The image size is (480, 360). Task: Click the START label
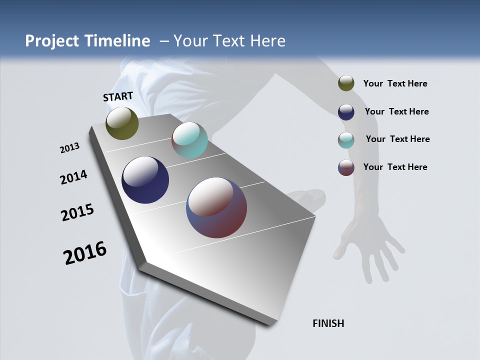118,96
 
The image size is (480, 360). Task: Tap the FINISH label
328,323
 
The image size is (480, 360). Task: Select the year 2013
69,148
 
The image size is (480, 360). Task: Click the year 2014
73,177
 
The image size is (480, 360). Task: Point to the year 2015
77,212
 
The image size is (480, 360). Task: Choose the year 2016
85,253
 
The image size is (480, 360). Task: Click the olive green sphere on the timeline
122,123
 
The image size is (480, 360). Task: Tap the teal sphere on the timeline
189,140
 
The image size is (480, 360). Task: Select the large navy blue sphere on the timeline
145,180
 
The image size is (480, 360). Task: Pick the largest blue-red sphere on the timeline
216,207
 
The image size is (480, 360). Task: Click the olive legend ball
346,83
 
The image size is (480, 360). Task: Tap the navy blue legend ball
346,112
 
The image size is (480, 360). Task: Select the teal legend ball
346,140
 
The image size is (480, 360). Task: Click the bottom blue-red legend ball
346,167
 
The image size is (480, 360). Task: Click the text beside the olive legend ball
395,83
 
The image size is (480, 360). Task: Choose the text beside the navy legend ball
396,111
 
